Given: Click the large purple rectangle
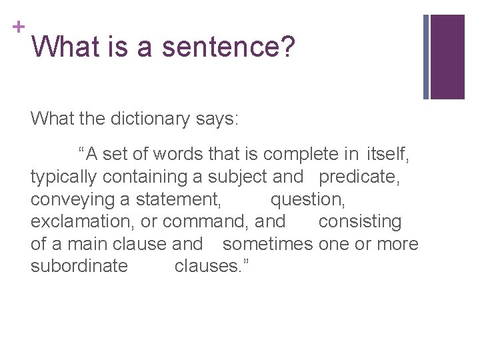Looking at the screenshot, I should [447, 57].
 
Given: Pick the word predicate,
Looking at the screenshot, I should [361, 177].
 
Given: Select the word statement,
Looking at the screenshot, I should [179, 199].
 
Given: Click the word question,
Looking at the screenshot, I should [307, 199].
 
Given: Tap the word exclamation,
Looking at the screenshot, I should [83, 221].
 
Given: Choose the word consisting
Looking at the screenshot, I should [360, 221].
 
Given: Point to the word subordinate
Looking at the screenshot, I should [79, 266].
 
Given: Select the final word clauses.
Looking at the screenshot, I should [211, 266].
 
